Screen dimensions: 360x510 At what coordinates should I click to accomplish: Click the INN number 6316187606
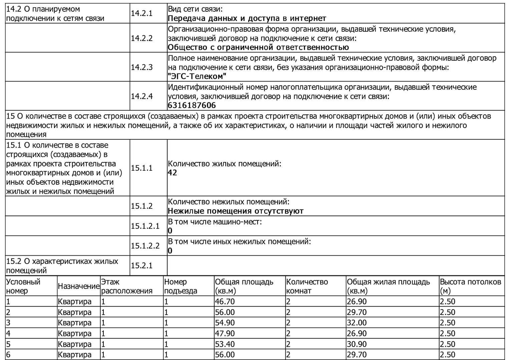[x=192, y=105]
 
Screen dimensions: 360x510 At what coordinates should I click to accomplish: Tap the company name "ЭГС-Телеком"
[x=197, y=76]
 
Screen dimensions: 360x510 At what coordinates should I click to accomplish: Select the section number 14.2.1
[x=141, y=13]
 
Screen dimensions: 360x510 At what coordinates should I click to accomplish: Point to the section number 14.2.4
[x=141, y=96]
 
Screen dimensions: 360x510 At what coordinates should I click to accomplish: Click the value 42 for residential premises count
[x=172, y=173]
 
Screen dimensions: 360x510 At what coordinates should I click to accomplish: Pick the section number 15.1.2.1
[x=145, y=226]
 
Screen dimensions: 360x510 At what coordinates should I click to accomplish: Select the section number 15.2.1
[x=141, y=266]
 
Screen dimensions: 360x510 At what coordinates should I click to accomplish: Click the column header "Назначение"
[x=79, y=286]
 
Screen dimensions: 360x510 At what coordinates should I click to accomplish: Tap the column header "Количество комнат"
[x=307, y=286]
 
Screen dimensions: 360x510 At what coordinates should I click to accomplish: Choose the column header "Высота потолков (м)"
[x=470, y=286]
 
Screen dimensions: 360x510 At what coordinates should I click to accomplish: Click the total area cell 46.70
[x=225, y=302]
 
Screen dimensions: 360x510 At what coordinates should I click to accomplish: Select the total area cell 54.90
[x=225, y=323]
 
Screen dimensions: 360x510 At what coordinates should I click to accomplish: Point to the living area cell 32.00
[x=357, y=323]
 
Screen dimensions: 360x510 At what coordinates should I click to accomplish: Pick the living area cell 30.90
[x=357, y=344]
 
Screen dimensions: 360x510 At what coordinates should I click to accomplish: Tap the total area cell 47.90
[x=225, y=333]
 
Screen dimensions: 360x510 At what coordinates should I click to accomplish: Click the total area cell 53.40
[x=225, y=344]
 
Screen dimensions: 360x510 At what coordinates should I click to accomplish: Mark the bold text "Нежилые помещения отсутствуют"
[x=235, y=211]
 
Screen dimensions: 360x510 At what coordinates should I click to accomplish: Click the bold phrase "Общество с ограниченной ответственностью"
[x=258, y=47]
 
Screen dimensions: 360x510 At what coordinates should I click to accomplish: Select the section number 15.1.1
[x=141, y=168]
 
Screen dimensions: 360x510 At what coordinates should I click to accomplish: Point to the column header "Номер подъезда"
[x=180, y=286]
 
